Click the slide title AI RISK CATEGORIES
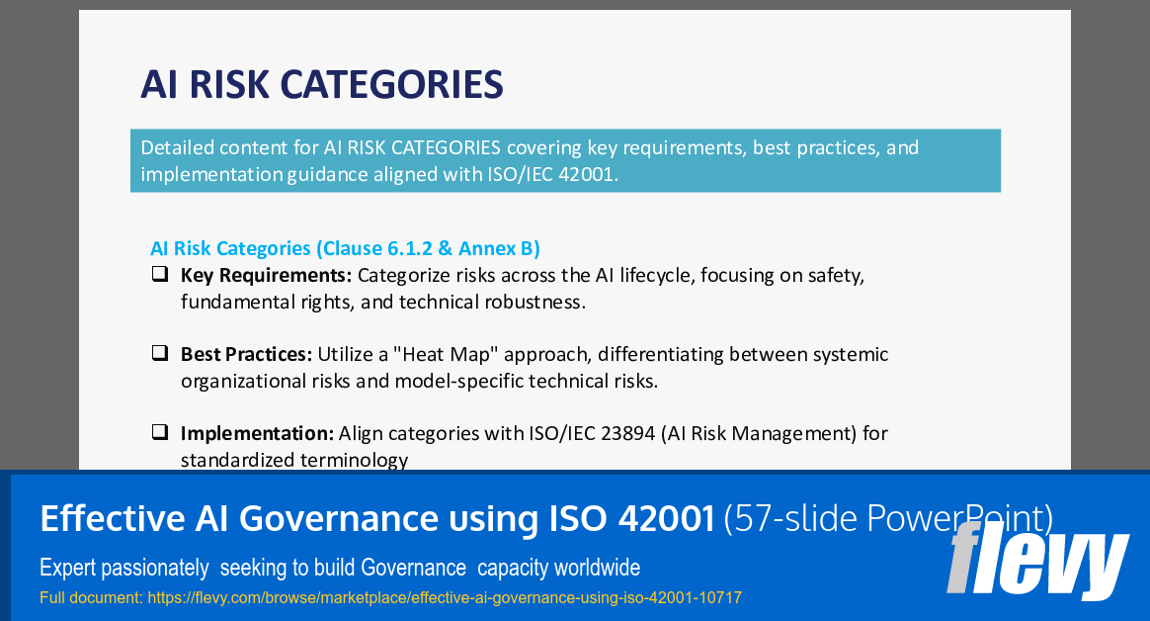click(x=322, y=85)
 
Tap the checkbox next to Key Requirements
click(x=159, y=274)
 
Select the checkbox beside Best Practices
click(x=159, y=353)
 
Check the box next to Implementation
click(x=159, y=432)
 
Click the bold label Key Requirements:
click(x=266, y=275)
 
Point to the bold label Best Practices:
click(x=246, y=354)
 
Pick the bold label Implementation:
click(x=257, y=433)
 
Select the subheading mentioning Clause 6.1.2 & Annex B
click(x=345, y=248)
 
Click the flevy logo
click(x=1036, y=561)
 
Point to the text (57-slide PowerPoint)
click(x=888, y=518)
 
